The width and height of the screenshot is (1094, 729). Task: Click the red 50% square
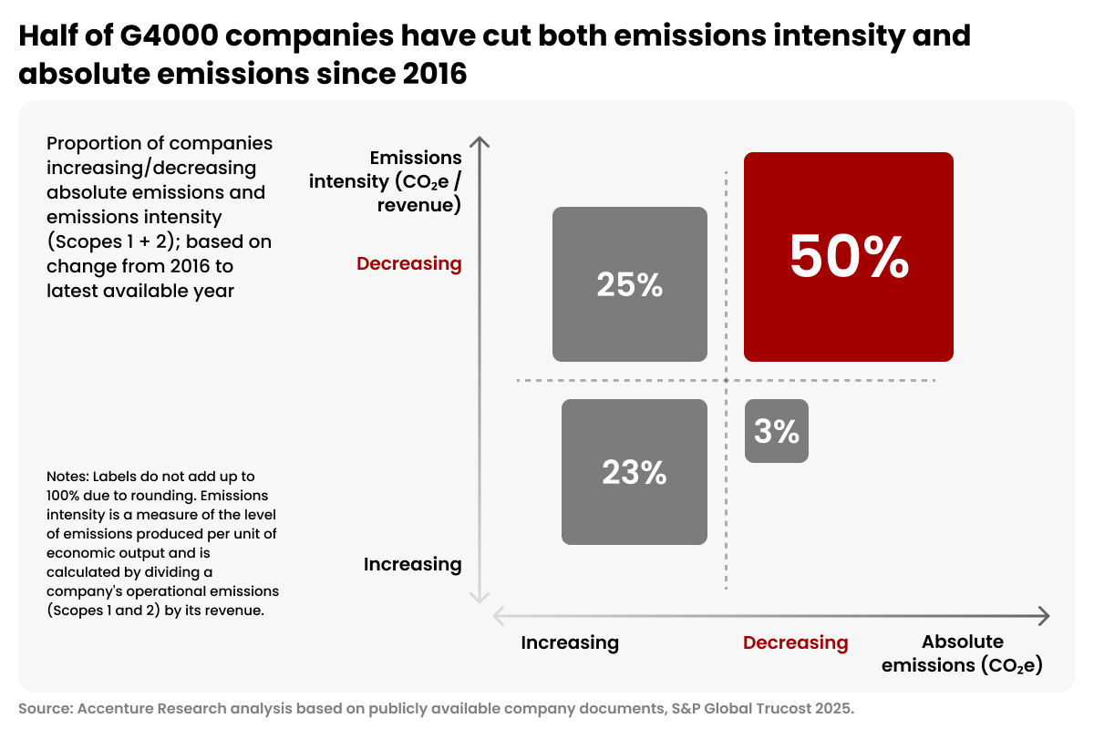tap(848, 257)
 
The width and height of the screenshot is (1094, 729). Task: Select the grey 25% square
tap(629, 284)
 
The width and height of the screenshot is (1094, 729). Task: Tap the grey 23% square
tap(634, 472)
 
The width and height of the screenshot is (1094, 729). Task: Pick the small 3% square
tap(777, 431)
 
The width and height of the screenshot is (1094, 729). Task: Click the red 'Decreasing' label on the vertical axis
tap(408, 263)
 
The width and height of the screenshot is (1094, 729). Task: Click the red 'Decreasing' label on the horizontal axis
tap(795, 642)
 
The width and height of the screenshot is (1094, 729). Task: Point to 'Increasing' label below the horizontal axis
tap(570, 642)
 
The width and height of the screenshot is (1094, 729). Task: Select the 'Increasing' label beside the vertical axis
tap(412, 564)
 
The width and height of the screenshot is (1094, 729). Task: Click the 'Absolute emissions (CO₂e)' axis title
tap(962, 653)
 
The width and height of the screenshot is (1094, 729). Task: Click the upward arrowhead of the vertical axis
tap(480, 140)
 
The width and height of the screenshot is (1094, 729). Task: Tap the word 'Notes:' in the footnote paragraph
tap(67, 477)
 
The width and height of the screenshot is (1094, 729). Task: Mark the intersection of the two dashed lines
tap(727, 380)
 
